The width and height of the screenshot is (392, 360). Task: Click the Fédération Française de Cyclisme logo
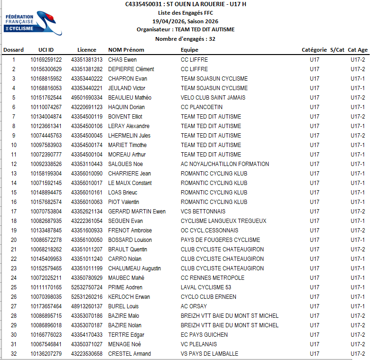[x=33, y=24]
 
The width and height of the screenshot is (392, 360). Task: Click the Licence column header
[x=86, y=50]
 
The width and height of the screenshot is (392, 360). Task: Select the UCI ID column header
[x=46, y=50]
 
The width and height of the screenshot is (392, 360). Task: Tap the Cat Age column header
[x=357, y=50]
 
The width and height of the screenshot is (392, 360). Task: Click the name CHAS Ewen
[x=122, y=60]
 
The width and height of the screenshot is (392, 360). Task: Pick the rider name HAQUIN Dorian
[x=126, y=107]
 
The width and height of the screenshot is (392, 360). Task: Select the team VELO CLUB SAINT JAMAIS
[x=213, y=98]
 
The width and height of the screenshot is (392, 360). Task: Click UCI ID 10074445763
[x=46, y=136]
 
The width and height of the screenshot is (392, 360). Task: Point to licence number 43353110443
[x=86, y=164]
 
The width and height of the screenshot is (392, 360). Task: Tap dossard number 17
[x=14, y=212]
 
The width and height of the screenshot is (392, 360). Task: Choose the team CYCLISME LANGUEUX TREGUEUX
[x=224, y=221]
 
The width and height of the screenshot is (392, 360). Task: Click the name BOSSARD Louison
[x=130, y=240]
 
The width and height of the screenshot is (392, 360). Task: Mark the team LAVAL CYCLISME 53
[x=206, y=287]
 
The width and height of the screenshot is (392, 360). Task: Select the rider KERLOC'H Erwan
[x=129, y=297]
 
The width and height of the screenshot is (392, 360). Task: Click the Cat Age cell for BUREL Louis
[x=357, y=306]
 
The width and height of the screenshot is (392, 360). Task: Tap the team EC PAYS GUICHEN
[x=204, y=335]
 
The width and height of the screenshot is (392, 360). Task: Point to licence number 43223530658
[x=86, y=354]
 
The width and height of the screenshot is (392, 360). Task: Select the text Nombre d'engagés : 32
[x=185, y=39]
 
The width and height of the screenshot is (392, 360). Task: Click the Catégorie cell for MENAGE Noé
[x=314, y=344]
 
